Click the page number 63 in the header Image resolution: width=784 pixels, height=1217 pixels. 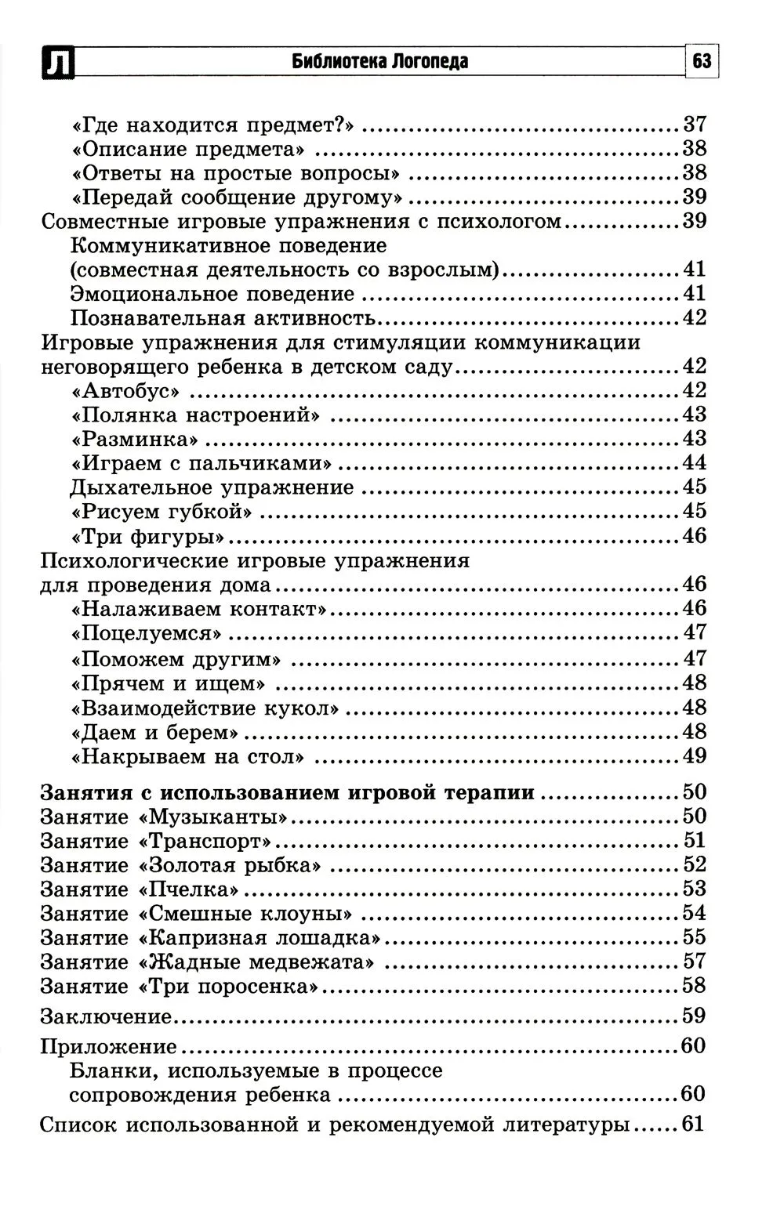click(x=702, y=60)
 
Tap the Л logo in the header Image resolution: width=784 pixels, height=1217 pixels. click(x=56, y=63)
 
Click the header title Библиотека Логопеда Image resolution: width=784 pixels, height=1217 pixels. click(x=379, y=61)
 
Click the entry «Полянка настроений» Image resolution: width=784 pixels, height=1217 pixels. click(x=195, y=415)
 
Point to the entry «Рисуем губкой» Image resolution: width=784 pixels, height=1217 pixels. click(x=162, y=512)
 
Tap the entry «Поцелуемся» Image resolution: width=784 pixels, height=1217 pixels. click(x=147, y=633)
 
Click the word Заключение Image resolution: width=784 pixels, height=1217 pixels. click(x=106, y=1016)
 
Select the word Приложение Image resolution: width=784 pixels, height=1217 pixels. click(x=108, y=1046)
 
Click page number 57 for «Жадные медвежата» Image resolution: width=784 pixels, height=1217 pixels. click(x=694, y=962)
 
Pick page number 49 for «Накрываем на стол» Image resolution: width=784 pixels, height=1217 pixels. click(x=694, y=756)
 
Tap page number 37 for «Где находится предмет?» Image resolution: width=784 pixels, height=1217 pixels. click(x=694, y=124)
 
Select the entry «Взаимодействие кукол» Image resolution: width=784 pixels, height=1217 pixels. click(x=205, y=708)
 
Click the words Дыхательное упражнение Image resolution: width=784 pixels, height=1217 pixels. click(x=212, y=487)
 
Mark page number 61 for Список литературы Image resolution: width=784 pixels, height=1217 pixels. click(x=693, y=1125)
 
